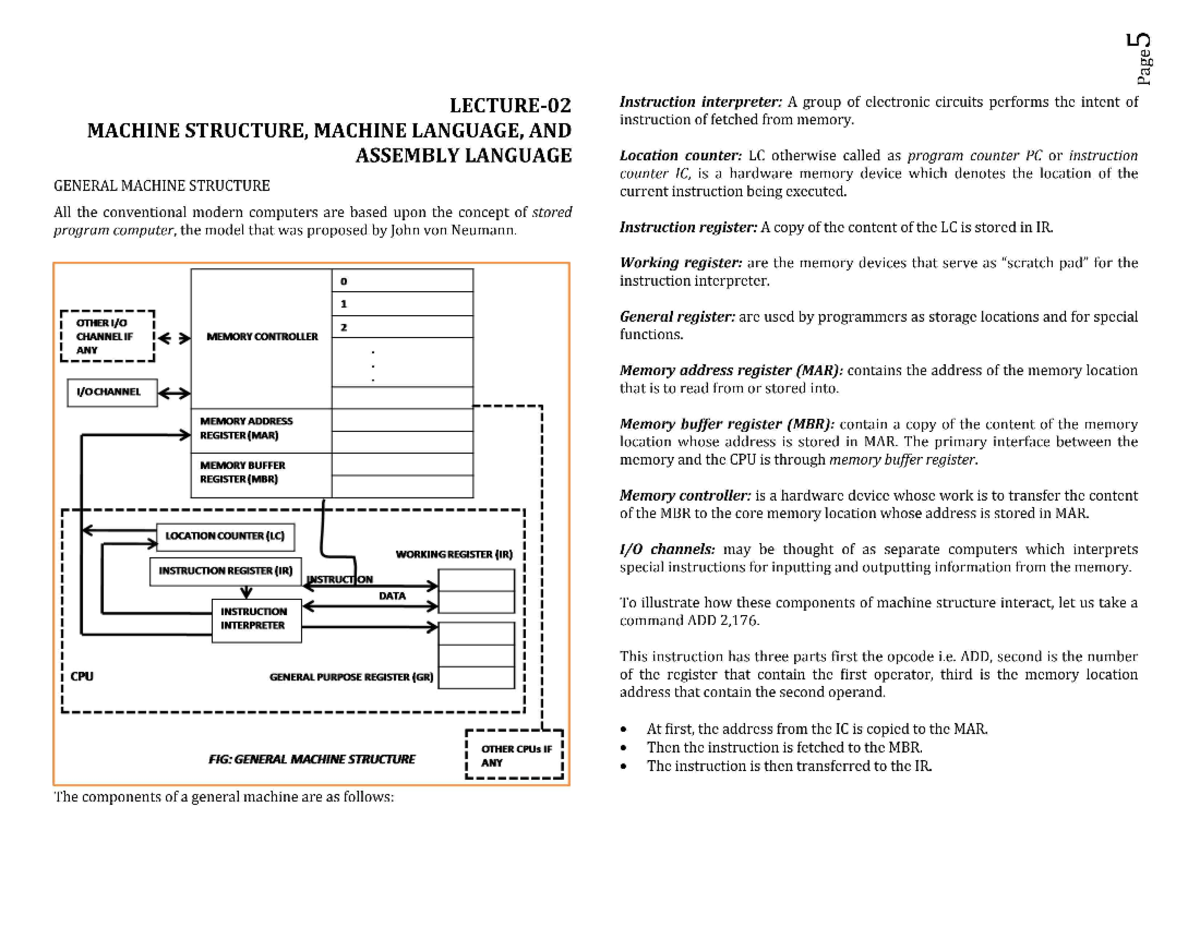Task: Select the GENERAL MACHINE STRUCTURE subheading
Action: [161, 185]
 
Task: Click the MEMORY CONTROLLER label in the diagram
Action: [261, 337]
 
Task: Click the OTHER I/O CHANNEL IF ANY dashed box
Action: [108, 335]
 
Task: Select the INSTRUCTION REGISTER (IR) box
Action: [224, 571]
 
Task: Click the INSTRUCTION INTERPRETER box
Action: [253, 617]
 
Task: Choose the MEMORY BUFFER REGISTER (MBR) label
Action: [243, 472]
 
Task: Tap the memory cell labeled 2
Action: [401, 327]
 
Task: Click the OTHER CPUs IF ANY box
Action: [516, 755]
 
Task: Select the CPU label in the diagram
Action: [82, 676]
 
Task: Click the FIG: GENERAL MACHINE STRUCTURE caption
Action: [311, 759]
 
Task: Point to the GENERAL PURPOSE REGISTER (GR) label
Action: [352, 677]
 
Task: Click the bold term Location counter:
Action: [666, 156]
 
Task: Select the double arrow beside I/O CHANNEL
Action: [174, 393]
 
